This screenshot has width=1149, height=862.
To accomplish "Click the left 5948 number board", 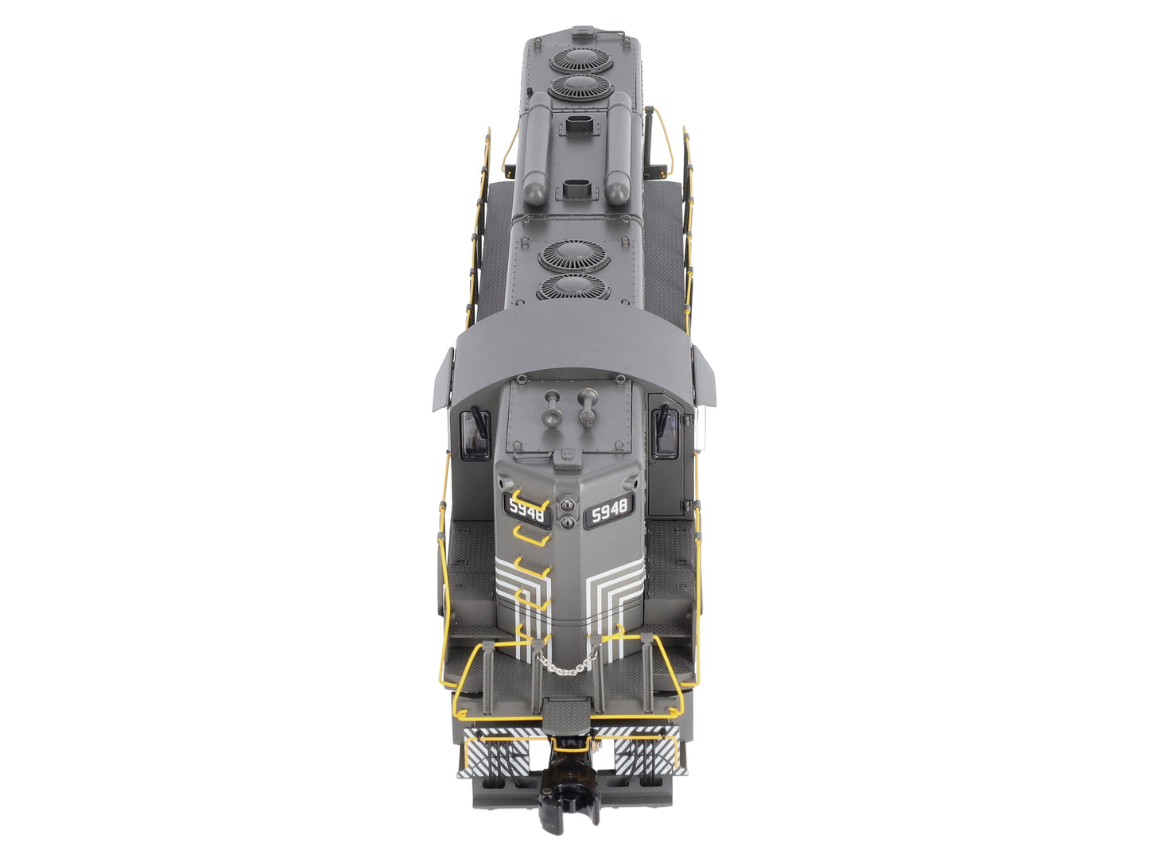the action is click(x=526, y=509).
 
